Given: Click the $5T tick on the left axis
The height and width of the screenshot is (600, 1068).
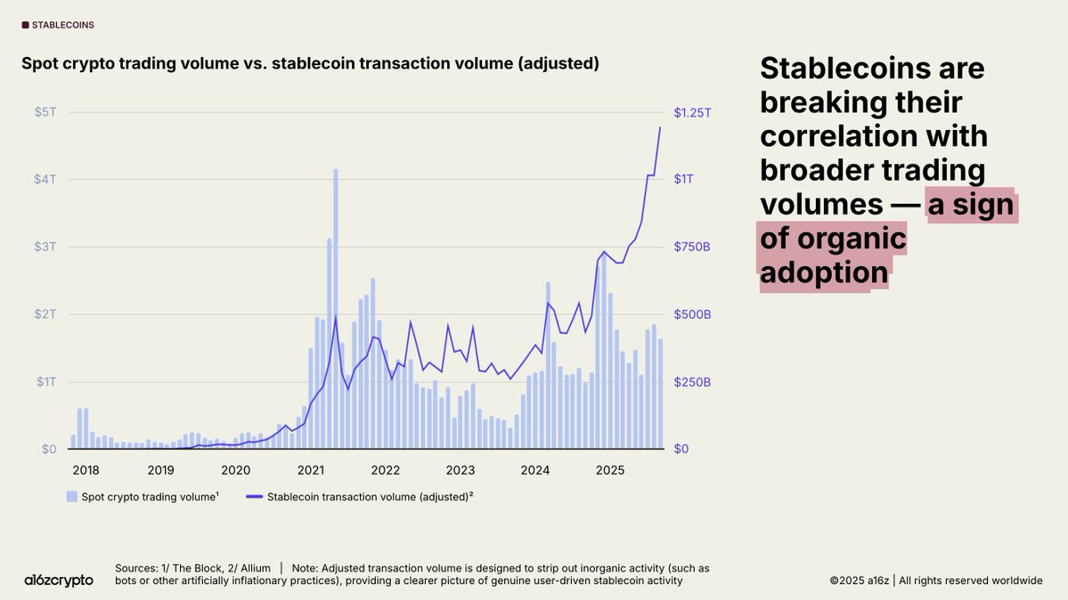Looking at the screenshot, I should tap(44, 112).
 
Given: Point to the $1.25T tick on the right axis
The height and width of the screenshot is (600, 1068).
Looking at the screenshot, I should tap(694, 112).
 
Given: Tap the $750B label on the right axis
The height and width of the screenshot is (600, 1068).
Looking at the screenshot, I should tap(692, 247).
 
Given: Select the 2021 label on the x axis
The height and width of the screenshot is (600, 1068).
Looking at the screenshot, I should tap(310, 470).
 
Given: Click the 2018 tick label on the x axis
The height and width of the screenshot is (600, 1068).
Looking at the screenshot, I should tap(86, 470).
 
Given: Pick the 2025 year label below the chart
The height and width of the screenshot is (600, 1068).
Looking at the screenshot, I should tap(609, 470).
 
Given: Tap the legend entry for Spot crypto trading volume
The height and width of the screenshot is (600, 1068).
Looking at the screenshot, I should tap(143, 497).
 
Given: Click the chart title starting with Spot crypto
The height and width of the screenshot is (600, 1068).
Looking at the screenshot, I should tap(310, 64).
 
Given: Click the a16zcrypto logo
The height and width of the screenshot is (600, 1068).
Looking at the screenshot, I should tap(59, 580).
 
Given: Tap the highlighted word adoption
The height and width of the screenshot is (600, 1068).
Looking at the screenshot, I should tap(824, 272).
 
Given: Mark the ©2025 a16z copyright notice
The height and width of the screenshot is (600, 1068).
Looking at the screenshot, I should tap(935, 580).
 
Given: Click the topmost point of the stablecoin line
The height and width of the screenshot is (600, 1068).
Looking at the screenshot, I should tap(660, 127).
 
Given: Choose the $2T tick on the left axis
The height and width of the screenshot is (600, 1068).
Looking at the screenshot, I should tap(44, 314).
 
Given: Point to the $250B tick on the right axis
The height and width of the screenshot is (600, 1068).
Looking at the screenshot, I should tap(692, 382).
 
